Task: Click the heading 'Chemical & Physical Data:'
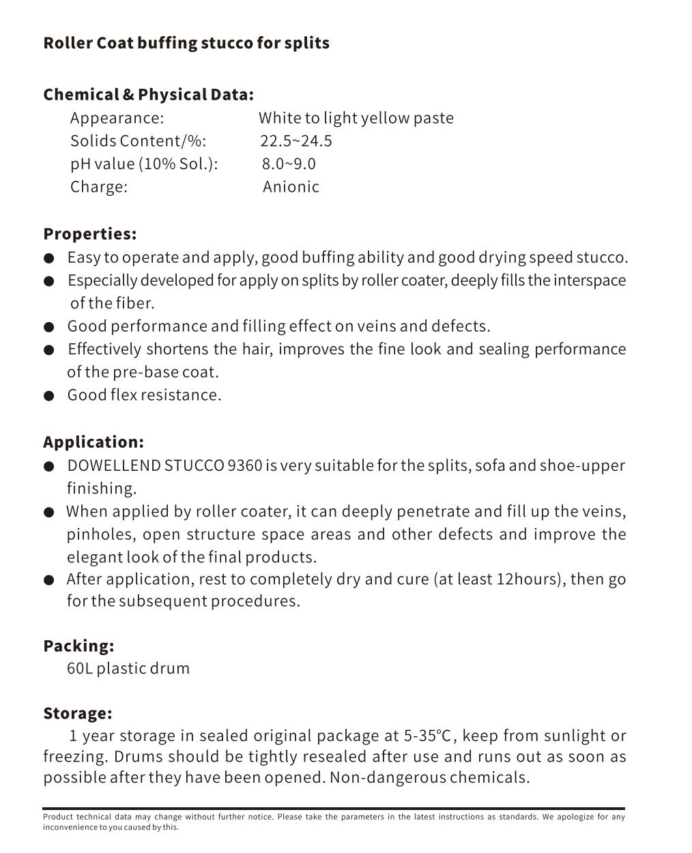pyautogui.click(x=148, y=94)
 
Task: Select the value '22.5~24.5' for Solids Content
pyautogui.click(x=295, y=141)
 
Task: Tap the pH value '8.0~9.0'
pyautogui.click(x=289, y=164)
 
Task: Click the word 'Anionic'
pyautogui.click(x=291, y=187)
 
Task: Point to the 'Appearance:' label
pyautogui.click(x=117, y=118)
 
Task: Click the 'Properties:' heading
pyautogui.click(x=89, y=234)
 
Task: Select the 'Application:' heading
pyautogui.click(x=93, y=442)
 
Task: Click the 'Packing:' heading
pyautogui.click(x=78, y=646)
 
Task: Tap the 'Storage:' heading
pyautogui.click(x=77, y=713)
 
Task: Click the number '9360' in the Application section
pyautogui.click(x=244, y=466)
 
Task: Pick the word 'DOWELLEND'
pyautogui.click(x=114, y=466)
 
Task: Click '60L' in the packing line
pyautogui.click(x=79, y=668)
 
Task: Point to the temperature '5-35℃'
pyautogui.click(x=427, y=736)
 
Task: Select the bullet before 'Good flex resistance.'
pyautogui.click(x=48, y=396)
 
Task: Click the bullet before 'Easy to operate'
pyautogui.click(x=48, y=259)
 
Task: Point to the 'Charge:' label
pyautogui.click(x=98, y=187)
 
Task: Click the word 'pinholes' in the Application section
pyautogui.click(x=100, y=534)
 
